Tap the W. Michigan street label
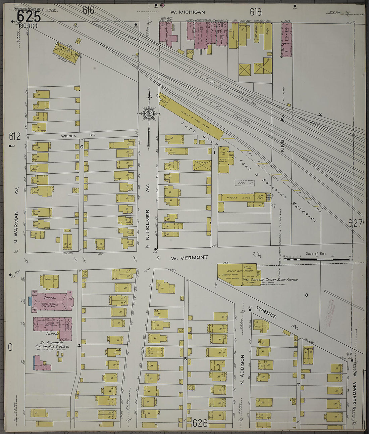pos(187,12)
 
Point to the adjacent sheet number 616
pos(89,10)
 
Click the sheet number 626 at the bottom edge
pos(200,423)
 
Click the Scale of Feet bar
pos(316,259)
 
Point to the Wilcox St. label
pos(78,136)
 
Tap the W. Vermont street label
pos(189,258)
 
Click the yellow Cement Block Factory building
pos(236,274)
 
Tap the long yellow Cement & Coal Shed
pos(191,116)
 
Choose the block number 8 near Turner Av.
pos(306,295)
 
